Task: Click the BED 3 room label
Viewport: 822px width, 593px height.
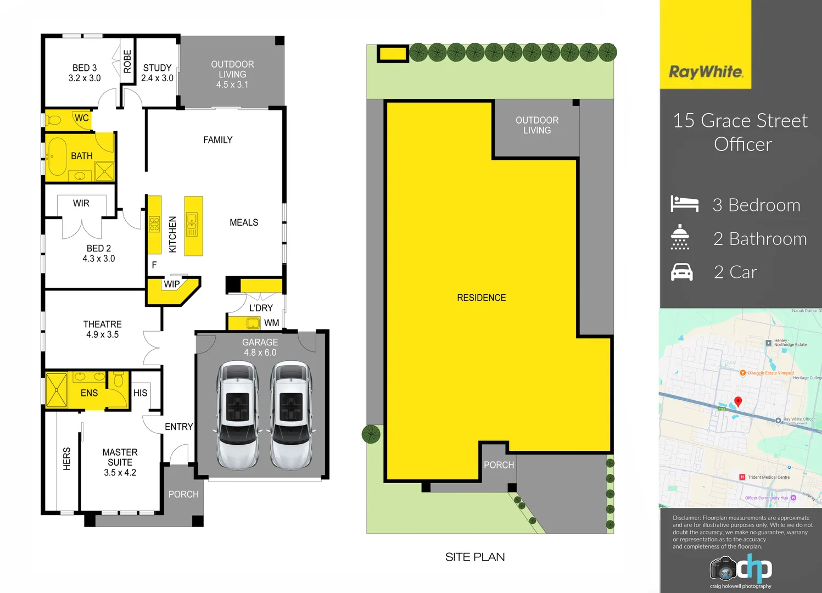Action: (x=85, y=72)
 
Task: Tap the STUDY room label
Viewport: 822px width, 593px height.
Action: (x=157, y=72)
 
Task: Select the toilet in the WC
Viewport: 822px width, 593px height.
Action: (x=54, y=119)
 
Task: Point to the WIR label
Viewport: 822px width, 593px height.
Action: (x=81, y=203)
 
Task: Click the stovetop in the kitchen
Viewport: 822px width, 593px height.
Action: (x=154, y=224)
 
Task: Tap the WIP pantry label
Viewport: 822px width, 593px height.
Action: (x=171, y=284)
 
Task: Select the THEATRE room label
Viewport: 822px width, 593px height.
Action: (x=102, y=329)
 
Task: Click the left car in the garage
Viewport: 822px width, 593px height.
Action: (x=238, y=415)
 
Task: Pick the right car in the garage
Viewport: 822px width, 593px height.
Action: (x=291, y=415)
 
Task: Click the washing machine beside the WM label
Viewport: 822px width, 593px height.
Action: (x=253, y=323)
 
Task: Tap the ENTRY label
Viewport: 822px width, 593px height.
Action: (x=178, y=427)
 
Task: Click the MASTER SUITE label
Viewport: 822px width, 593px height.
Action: (x=120, y=462)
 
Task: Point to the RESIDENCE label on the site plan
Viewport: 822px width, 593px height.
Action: (x=481, y=298)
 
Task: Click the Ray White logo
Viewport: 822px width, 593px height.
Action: (x=706, y=72)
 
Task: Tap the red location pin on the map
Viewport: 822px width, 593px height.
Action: (x=738, y=402)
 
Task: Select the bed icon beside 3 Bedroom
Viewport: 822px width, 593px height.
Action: (x=684, y=204)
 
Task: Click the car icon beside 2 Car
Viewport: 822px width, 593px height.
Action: (x=682, y=272)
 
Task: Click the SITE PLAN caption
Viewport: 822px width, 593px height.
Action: (x=474, y=557)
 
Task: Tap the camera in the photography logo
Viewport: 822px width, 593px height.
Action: (x=723, y=569)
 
